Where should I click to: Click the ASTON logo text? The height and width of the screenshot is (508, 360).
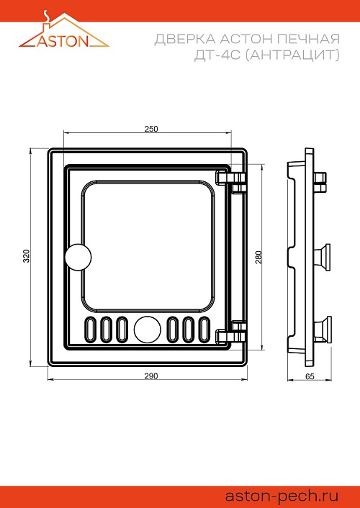click(x=63, y=41)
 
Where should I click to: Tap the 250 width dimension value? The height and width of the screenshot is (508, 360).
click(x=151, y=129)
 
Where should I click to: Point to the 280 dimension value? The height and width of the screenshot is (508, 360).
click(x=258, y=258)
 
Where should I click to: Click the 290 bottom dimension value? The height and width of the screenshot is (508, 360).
click(x=151, y=376)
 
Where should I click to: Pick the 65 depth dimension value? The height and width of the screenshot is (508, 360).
click(x=310, y=376)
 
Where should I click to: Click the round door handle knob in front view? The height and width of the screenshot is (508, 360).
click(x=78, y=257)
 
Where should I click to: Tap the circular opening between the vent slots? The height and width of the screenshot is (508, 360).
click(x=148, y=329)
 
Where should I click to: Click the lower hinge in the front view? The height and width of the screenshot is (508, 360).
click(x=231, y=332)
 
